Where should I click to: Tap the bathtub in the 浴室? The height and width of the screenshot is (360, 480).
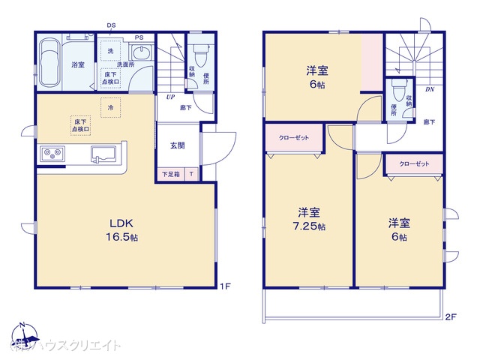coord(49,61)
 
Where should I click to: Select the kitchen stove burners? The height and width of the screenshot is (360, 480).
coord(52,155)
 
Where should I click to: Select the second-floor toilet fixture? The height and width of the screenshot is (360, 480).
coord(397,92)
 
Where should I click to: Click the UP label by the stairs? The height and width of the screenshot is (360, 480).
coord(171,97)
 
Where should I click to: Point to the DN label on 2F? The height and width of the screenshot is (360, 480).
coord(429,90)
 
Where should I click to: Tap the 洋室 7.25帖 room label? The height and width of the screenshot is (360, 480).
coord(310,218)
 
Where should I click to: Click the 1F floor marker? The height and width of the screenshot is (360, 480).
coord(225,286)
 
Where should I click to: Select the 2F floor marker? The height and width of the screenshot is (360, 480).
coord(449,316)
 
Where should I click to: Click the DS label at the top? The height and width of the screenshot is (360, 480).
coord(112,25)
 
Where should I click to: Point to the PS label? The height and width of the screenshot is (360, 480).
coord(139,37)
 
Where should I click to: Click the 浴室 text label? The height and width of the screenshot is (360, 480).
coord(77,65)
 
